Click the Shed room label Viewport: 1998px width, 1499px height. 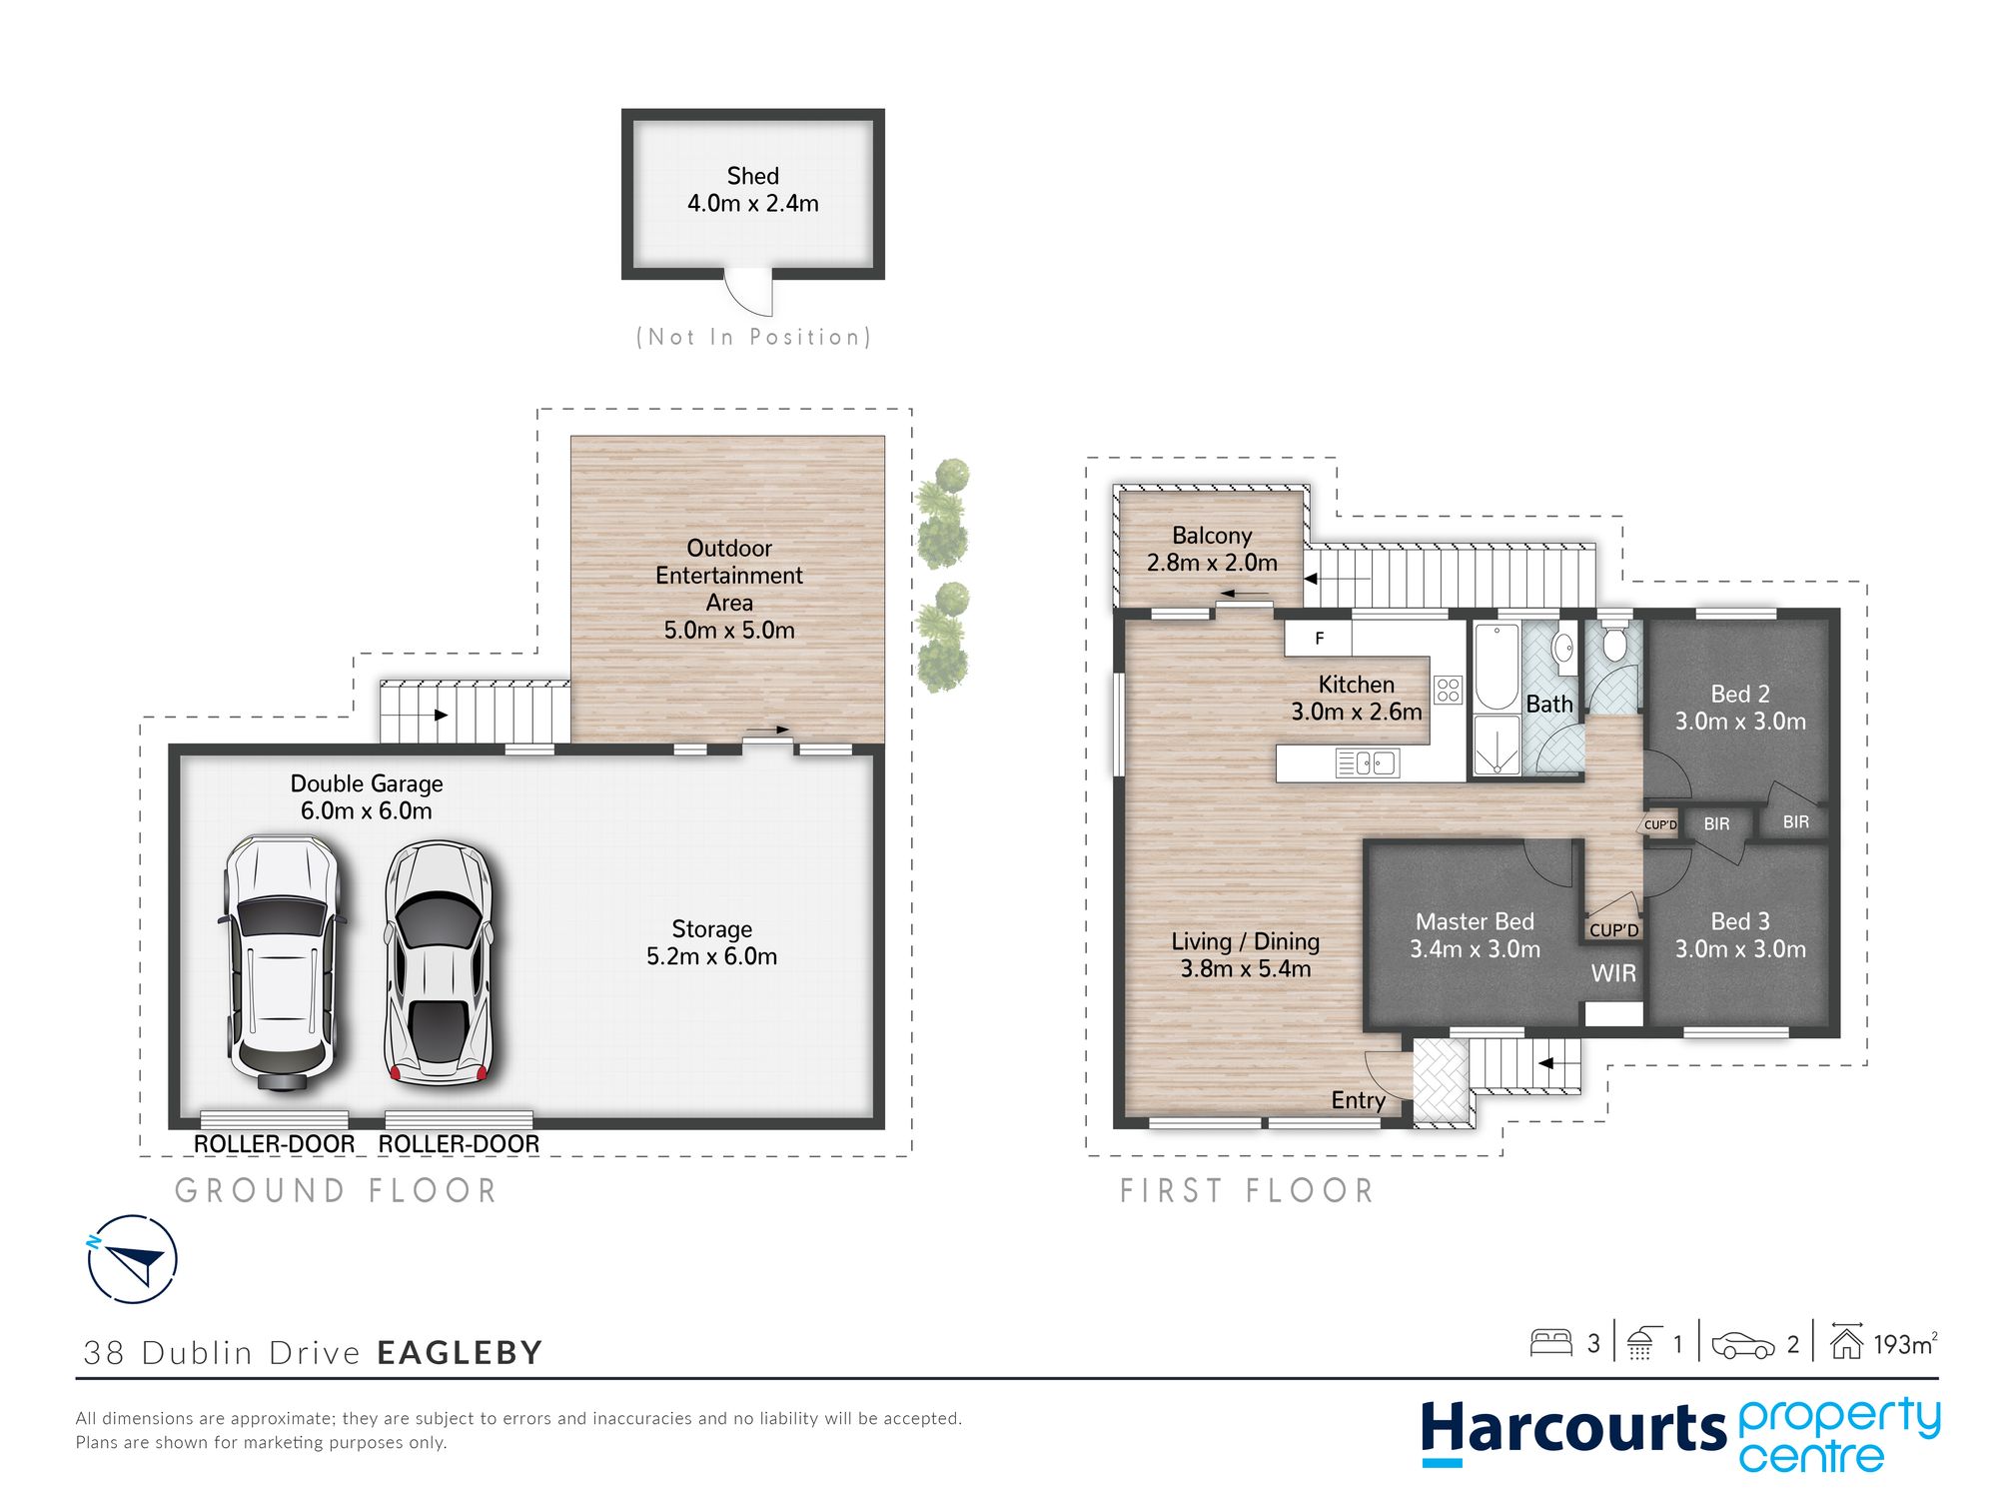(752, 190)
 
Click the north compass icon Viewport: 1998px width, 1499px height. (133, 1259)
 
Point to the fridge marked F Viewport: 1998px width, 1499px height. (1318, 639)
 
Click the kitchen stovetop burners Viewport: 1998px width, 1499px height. (1448, 690)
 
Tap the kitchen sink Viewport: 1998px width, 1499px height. (1368, 763)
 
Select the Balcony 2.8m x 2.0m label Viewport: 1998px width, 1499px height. (1212, 550)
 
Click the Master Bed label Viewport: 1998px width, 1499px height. (1475, 921)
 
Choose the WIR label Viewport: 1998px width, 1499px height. (1613, 973)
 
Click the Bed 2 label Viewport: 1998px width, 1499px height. (1740, 694)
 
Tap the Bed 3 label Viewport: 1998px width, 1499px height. (1740, 921)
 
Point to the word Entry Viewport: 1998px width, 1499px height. (1358, 1100)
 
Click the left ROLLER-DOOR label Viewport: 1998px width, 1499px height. (274, 1144)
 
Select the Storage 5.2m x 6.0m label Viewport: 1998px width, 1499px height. (711, 942)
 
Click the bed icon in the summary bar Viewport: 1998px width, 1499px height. (1551, 1342)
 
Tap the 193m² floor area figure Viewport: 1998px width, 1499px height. (1905, 1344)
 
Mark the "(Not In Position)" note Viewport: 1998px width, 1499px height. (753, 337)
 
